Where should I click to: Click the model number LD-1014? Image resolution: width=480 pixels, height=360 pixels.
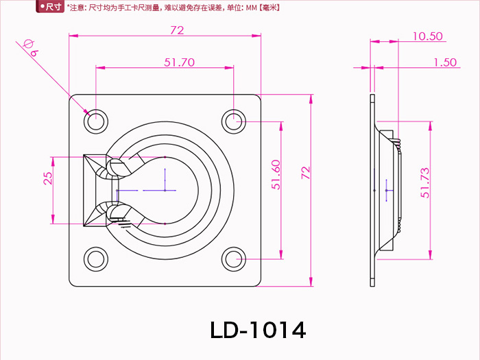[258, 330]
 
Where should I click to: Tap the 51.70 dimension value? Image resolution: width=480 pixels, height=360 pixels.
[180, 62]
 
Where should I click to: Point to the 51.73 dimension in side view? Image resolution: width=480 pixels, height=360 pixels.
[426, 183]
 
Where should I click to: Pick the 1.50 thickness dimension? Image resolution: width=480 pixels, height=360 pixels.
[445, 62]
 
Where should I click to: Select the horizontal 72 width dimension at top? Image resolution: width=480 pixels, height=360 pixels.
[177, 30]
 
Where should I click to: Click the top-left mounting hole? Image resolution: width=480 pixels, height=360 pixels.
[96, 120]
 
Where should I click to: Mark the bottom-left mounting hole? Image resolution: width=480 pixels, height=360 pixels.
[96, 259]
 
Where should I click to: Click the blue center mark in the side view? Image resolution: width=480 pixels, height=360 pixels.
[387, 189]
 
